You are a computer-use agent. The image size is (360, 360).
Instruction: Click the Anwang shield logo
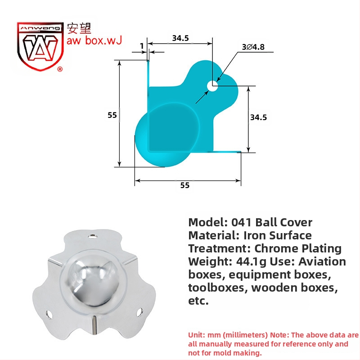tap(40, 46)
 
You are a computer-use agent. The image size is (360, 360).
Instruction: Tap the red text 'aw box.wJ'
tap(94, 40)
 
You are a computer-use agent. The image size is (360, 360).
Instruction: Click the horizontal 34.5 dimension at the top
tap(180, 38)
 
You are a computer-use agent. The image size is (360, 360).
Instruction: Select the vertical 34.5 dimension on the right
tap(258, 117)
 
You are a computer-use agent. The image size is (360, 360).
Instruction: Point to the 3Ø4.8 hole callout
tap(253, 47)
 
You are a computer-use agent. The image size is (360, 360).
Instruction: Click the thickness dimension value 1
tap(142, 46)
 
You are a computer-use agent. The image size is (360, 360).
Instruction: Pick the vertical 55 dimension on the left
tap(112, 115)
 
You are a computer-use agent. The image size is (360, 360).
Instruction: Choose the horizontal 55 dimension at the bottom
tap(185, 185)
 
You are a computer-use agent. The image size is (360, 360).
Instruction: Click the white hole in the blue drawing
tap(212, 86)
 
